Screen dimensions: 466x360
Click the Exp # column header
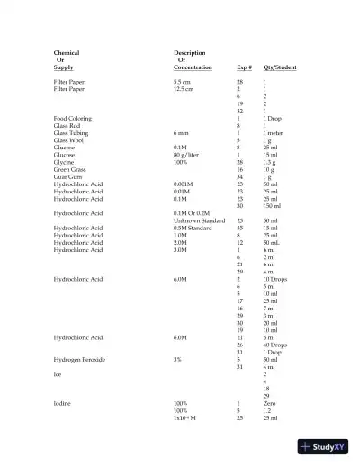click(244, 67)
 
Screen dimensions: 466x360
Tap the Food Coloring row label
click(72, 118)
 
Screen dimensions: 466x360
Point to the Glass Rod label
click(67, 125)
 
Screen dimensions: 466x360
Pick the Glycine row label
click(65, 161)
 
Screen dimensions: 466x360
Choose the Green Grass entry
click(70, 168)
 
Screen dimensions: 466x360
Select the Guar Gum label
click(67, 175)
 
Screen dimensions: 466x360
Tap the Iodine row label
click(62, 403)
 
